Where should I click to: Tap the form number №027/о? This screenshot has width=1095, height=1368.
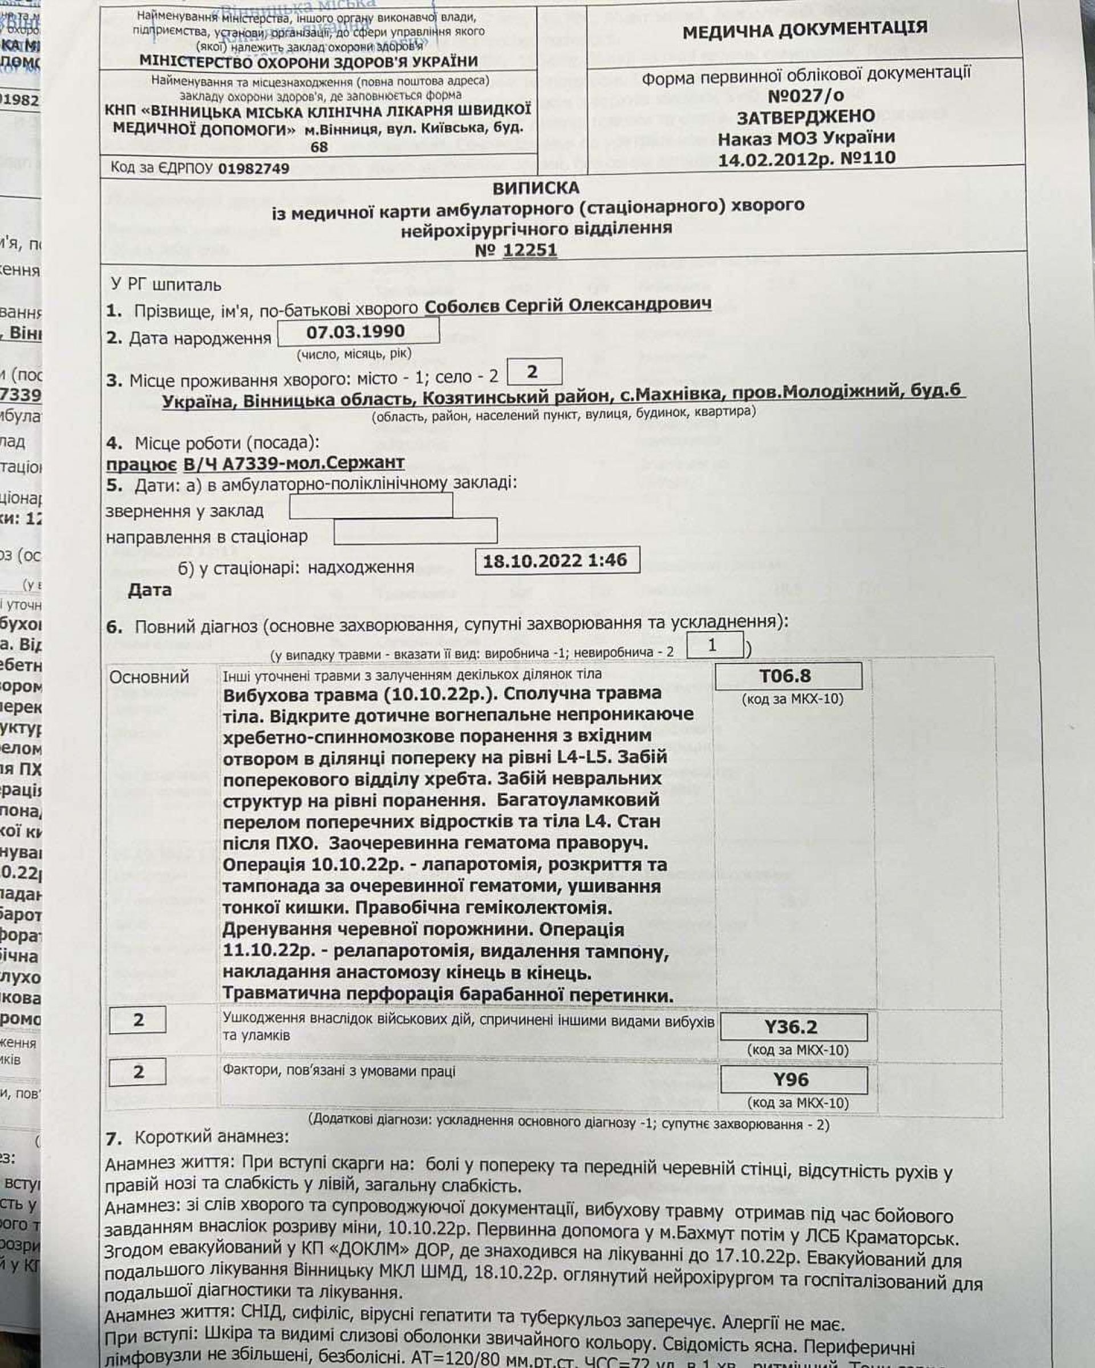coord(806,96)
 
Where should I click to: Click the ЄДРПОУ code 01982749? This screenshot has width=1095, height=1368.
coord(253,169)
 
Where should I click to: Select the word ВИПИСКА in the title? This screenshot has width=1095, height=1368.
coord(536,188)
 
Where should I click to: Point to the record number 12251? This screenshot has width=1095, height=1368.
coord(529,250)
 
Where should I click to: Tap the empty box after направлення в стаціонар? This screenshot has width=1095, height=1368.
coord(415,532)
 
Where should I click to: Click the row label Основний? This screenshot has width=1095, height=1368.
coord(149,677)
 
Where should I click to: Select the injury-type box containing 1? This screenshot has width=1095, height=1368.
coord(713,645)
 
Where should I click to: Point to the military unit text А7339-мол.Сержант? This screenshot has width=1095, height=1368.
coord(294,463)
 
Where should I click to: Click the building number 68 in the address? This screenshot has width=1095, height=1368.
coord(319,147)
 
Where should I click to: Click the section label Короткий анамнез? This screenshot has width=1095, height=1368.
coord(211,1136)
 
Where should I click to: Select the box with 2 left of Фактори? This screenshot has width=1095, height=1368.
coord(137,1072)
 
